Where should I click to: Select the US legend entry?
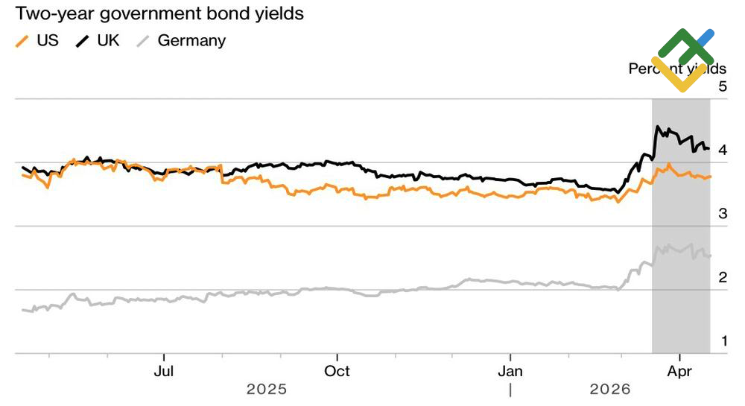pos(48,40)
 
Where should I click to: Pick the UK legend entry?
pos(107,40)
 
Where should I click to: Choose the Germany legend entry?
pos(191,40)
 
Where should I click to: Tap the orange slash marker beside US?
pos(23,41)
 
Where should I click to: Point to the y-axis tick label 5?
pos(701,86)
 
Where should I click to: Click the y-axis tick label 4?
pos(701,150)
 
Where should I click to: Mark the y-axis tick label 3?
pos(701,214)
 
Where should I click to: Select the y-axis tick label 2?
pos(701,278)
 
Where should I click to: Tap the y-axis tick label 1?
pos(701,342)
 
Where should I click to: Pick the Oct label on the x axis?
pos(337,370)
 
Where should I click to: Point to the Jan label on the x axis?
pos(510,370)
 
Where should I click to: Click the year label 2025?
pos(267,389)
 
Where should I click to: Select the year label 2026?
pos(609,389)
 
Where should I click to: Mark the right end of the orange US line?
pos(710,177)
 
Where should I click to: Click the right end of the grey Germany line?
pos(710,256)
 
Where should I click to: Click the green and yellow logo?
pos(682,60)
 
